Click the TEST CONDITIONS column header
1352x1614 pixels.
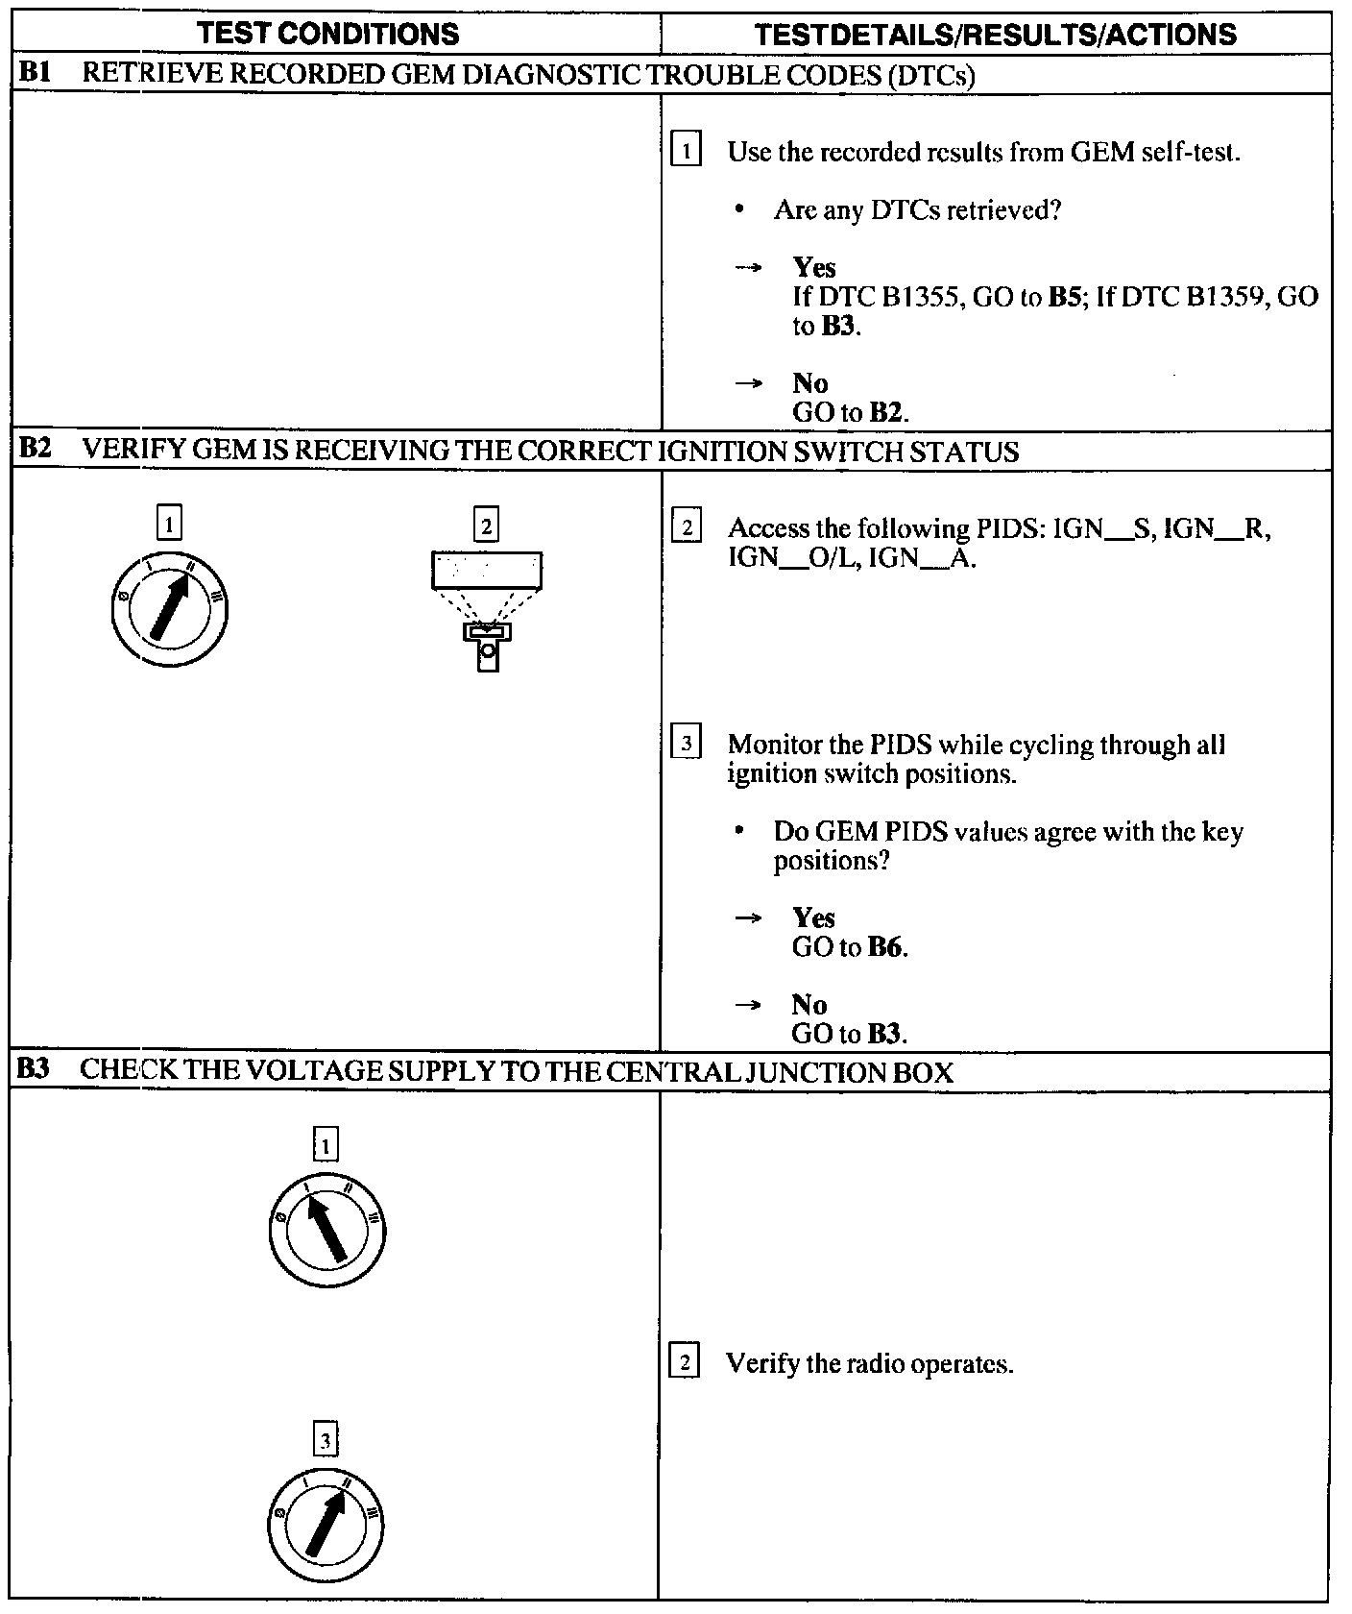(x=328, y=35)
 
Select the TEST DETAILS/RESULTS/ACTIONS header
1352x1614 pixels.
(x=995, y=35)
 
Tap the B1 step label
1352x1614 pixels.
(x=35, y=74)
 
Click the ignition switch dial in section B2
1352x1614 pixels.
(x=170, y=610)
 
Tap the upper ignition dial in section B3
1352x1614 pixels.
(x=327, y=1231)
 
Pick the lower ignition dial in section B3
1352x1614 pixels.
(x=326, y=1526)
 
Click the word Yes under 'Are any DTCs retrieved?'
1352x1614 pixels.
(x=814, y=267)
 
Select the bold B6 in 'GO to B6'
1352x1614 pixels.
(x=885, y=947)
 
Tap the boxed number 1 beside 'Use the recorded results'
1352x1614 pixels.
(x=686, y=152)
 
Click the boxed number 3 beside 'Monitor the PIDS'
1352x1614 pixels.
(x=686, y=745)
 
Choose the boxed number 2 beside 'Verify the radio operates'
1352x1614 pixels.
(x=685, y=1363)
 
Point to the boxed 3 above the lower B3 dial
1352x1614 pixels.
(x=326, y=1439)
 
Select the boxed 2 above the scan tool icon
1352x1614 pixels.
(x=487, y=526)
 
